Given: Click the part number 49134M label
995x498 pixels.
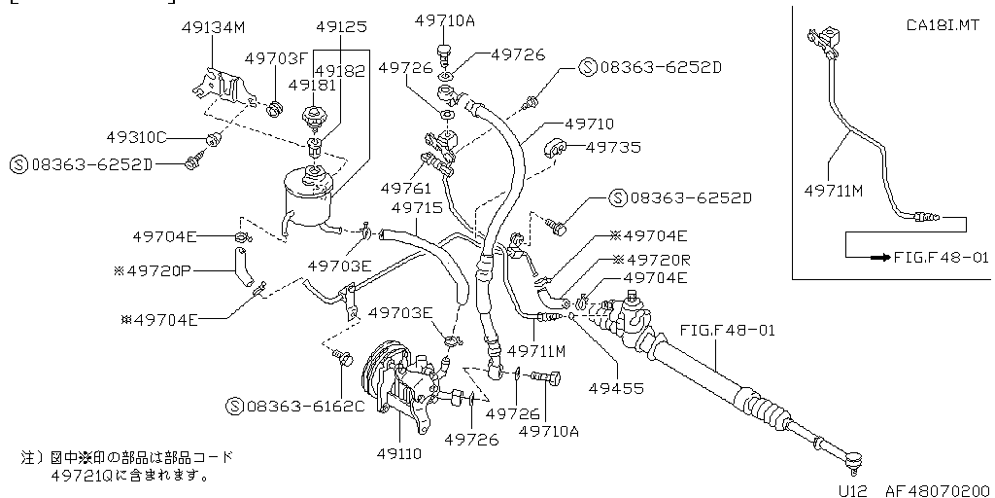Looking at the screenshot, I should (x=213, y=27).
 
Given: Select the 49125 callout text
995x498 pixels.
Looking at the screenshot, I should (x=341, y=26).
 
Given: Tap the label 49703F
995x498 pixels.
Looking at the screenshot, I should (x=275, y=58).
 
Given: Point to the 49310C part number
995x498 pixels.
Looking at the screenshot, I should (x=137, y=137).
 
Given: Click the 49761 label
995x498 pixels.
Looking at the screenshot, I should (x=405, y=188).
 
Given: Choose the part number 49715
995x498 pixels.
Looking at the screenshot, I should (x=417, y=208).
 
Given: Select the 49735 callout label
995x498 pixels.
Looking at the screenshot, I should (x=613, y=148).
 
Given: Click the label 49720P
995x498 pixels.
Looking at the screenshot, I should (x=156, y=270).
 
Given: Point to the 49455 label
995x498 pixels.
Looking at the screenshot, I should (x=616, y=387).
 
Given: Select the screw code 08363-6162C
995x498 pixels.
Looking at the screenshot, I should (x=304, y=406).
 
